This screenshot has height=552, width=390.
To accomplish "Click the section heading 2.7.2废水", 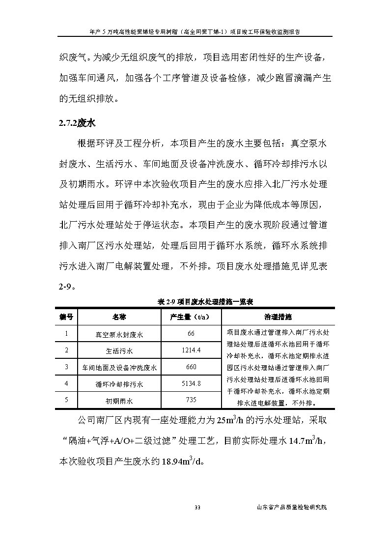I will tap(77, 123).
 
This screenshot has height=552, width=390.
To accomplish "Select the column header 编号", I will tap(66, 317).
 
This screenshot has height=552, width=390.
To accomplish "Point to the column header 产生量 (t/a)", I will tap(191, 317).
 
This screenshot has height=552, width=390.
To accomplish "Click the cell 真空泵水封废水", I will tap(119, 334).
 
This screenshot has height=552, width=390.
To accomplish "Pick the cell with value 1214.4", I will tap(191, 350).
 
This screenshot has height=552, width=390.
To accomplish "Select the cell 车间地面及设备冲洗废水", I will tap(119, 367).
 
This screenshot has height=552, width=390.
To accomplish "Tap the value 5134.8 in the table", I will tap(191, 383).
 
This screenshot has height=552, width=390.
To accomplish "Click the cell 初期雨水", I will tap(119, 401).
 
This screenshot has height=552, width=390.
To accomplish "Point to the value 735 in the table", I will tap(191, 400).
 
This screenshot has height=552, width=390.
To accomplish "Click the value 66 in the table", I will tap(191, 334).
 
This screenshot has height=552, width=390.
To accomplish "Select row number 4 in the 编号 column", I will tap(66, 383).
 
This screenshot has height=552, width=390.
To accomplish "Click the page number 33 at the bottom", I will tap(197, 507).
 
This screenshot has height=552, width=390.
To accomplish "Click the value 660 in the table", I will tap(191, 367).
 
